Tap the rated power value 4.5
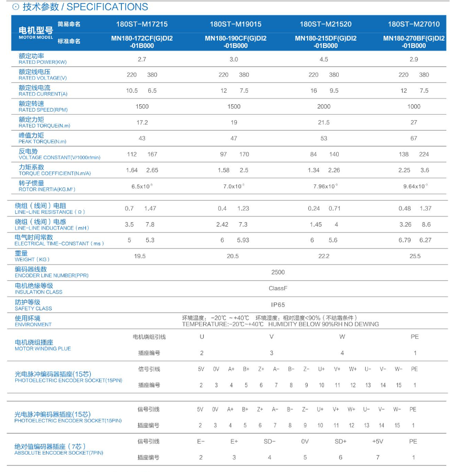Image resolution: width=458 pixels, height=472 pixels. tap(323, 60)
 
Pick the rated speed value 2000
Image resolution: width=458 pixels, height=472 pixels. tap(323, 107)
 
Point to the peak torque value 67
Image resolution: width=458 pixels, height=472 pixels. tap(414, 139)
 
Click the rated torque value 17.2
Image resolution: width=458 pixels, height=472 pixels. tap(142, 123)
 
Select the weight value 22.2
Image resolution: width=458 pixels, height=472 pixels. tap(323, 257)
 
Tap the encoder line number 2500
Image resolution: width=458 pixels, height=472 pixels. tap(278, 272)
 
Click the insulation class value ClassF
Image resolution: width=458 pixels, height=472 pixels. tap(278, 288)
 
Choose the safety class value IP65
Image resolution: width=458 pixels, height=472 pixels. tap(278, 304)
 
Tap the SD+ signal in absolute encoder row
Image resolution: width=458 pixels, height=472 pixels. tap(340, 441)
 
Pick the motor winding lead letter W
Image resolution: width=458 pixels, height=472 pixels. tap(342, 337)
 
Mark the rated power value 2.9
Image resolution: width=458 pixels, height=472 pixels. tap(414, 60)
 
